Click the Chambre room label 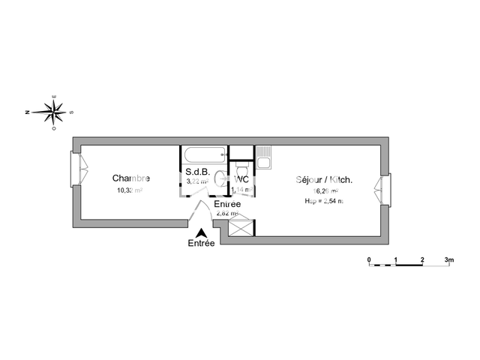(131, 178)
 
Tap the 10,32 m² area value (129, 190)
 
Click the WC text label (241, 180)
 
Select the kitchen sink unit (263, 160)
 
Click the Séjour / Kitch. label (324, 180)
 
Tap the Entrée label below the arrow (201, 244)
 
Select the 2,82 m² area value (227, 213)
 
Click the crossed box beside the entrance (241, 229)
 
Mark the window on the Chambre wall (76, 170)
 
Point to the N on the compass (26, 112)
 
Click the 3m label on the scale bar (448, 259)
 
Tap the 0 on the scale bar (369, 259)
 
